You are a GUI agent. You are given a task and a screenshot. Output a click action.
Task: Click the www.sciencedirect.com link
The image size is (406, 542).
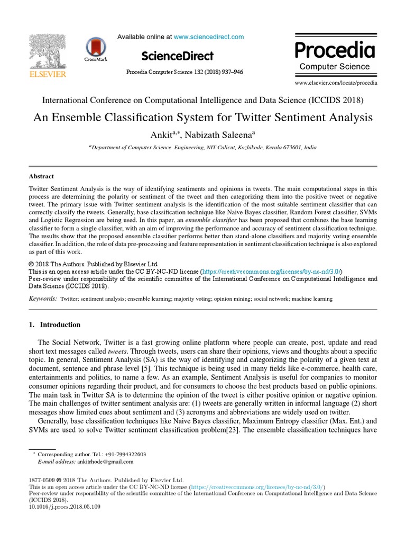pyautogui.click(x=209, y=37)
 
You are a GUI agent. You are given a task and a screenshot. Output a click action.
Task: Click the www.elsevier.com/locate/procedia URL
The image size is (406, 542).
pyautogui.click(x=336, y=83)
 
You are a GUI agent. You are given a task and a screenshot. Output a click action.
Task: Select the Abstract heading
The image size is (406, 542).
pyautogui.click(x=41, y=176)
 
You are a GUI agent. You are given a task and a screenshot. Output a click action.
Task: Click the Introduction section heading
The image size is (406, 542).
pyautogui.click(x=60, y=324)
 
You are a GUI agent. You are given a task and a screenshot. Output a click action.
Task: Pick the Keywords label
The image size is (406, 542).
pyautogui.click(x=43, y=299)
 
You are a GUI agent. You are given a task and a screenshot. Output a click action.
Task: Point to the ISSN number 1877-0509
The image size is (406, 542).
pyautogui.click(x=42, y=480)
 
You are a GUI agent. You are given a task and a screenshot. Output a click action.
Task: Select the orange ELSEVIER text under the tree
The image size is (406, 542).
pyautogui.click(x=47, y=75)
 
